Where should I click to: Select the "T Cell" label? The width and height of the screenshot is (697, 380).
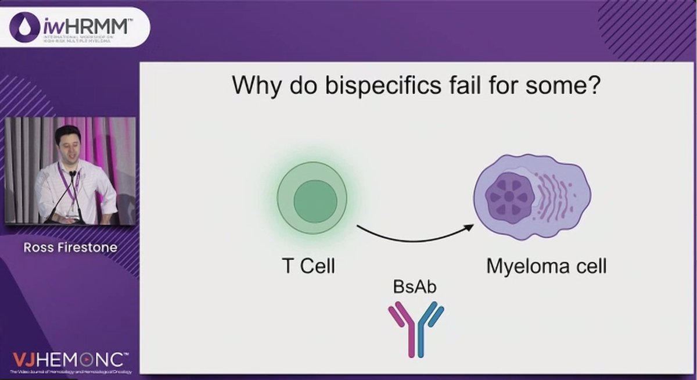click(x=307, y=267)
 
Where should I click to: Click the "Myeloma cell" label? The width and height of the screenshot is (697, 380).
click(x=546, y=267)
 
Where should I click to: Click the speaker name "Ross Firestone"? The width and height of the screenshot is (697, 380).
click(x=70, y=248)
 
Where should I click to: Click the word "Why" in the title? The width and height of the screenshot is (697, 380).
click(x=253, y=87)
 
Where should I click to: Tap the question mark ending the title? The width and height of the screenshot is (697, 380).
click(x=592, y=87)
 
